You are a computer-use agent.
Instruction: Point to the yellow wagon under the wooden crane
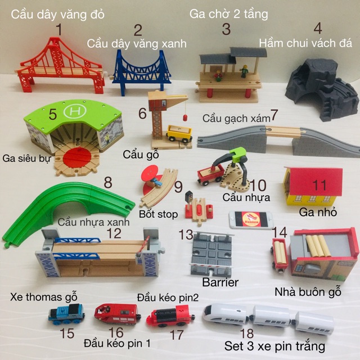pyautogui.click(x=179, y=133)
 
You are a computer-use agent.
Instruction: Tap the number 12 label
pyautogui.click(x=114, y=232)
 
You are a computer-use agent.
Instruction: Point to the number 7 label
pyautogui.click(x=274, y=115)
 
